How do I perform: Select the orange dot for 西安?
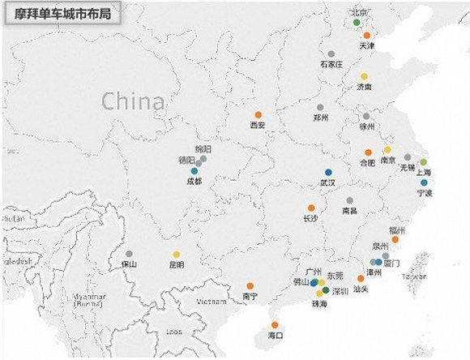pyautogui.click(x=258, y=114)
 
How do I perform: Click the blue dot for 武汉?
pyautogui.click(x=328, y=172)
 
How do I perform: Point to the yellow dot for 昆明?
pyautogui.click(x=177, y=254)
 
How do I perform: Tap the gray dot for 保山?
pyautogui.click(x=129, y=254)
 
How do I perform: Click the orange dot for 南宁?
pyautogui.click(x=250, y=285)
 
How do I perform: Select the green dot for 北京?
pyautogui.click(x=357, y=23)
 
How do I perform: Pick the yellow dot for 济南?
pyautogui.click(x=365, y=76)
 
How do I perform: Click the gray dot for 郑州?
pyautogui.click(x=321, y=107)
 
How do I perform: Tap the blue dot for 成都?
pyautogui.click(x=194, y=171)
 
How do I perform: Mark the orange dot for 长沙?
pyautogui.click(x=311, y=208)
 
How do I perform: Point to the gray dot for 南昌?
pyautogui.click(x=349, y=200)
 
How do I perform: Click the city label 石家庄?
pyautogui.click(x=331, y=63)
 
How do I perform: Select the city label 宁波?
pyautogui.click(x=425, y=193)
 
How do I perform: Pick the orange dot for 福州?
pyautogui.click(x=395, y=239)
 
